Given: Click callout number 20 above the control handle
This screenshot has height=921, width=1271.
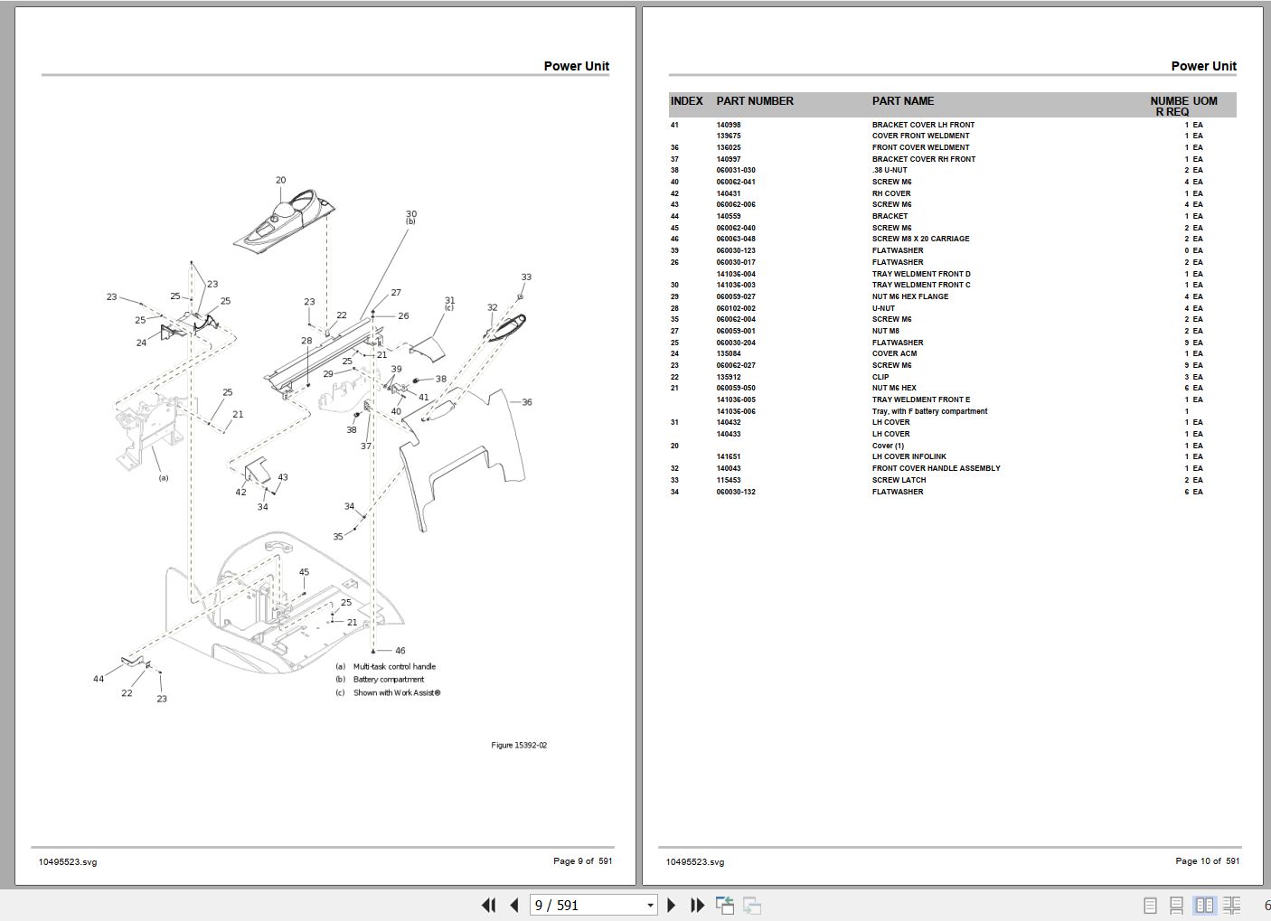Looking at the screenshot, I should [x=280, y=180].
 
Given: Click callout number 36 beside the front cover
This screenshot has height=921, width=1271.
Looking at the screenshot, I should [x=526, y=402].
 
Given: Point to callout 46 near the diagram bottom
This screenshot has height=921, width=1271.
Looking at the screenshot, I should [x=400, y=651].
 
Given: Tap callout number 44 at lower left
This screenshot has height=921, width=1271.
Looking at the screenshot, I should [x=98, y=679].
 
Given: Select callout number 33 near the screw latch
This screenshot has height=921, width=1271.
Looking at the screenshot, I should [x=526, y=277].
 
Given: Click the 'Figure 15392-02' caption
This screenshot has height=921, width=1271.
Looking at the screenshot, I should [x=519, y=746].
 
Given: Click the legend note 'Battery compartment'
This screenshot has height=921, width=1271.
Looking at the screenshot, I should [x=388, y=680].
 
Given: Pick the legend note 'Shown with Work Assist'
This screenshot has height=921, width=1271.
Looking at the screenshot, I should [x=396, y=693].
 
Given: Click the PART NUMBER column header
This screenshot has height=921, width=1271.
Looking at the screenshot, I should [x=755, y=101].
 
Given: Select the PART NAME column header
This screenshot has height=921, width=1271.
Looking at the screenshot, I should [x=903, y=101].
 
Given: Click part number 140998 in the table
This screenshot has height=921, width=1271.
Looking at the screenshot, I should [x=729, y=125].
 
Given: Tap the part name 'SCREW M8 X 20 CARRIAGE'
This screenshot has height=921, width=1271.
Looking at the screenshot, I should [x=920, y=239].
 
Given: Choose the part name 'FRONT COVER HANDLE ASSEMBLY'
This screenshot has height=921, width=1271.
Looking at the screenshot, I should [x=936, y=468].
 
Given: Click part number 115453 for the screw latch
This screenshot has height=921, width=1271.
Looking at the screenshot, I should [x=729, y=480].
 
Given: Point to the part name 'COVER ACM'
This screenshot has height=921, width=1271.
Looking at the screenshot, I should [x=894, y=353].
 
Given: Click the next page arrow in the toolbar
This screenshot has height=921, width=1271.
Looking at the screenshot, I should [x=671, y=905].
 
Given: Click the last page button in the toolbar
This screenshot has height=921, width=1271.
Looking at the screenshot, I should [x=697, y=905].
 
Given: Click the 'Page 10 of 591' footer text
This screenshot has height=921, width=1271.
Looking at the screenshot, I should [x=1207, y=861].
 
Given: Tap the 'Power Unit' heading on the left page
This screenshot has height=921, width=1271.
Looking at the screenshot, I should [x=576, y=66].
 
